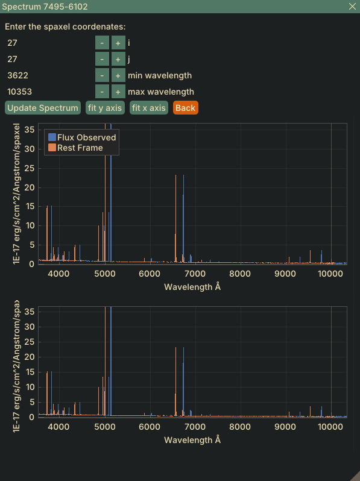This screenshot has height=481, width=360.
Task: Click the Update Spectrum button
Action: pyautogui.click(x=43, y=108)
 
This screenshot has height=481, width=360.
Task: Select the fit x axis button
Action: pyautogui.click(x=149, y=108)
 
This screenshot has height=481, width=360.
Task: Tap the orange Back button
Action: pyautogui.click(x=185, y=108)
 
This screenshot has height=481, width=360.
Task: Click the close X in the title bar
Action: pyautogui.click(x=352, y=7)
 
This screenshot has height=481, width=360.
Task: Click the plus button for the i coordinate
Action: pyautogui.click(x=118, y=43)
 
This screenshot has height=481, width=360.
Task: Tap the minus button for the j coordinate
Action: pyautogui.click(x=102, y=59)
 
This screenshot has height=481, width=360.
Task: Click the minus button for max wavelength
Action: pyautogui.click(x=102, y=92)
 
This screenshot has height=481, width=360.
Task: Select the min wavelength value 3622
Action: pyautogui.click(x=18, y=75)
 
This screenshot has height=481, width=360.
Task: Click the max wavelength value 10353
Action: pyautogui.click(x=20, y=92)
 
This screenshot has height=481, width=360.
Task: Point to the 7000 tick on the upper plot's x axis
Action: pyautogui.click(x=195, y=274)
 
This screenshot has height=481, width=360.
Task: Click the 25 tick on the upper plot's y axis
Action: pyautogui.click(x=30, y=168)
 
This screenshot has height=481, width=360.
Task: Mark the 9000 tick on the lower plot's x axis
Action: pyautogui.click(x=285, y=427)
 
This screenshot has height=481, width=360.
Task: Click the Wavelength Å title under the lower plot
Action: pyautogui.click(x=192, y=440)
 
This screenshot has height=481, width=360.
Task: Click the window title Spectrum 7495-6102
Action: pyautogui.click(x=45, y=7)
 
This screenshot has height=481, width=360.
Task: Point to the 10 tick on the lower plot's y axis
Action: pyautogui.click(x=30, y=387)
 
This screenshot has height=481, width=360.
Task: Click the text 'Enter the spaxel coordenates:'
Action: pyautogui.click(x=65, y=27)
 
